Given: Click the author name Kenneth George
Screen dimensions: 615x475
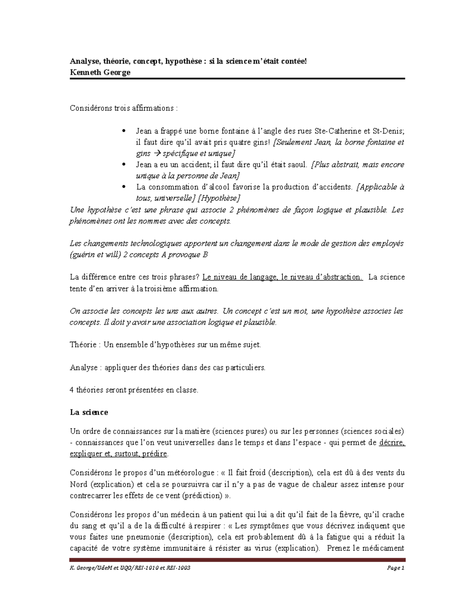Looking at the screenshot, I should click(100, 72).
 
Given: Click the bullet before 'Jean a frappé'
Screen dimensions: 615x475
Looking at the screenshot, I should click(124, 131).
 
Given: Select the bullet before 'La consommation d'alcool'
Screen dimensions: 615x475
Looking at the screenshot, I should click(124, 187).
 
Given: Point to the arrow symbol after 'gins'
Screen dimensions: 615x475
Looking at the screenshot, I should click(158, 154).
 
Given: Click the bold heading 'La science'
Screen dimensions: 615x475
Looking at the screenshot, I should click(89, 412).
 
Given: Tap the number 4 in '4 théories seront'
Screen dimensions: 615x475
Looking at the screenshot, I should click(72, 390).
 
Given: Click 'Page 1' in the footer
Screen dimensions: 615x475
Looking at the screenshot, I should click(396, 568).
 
